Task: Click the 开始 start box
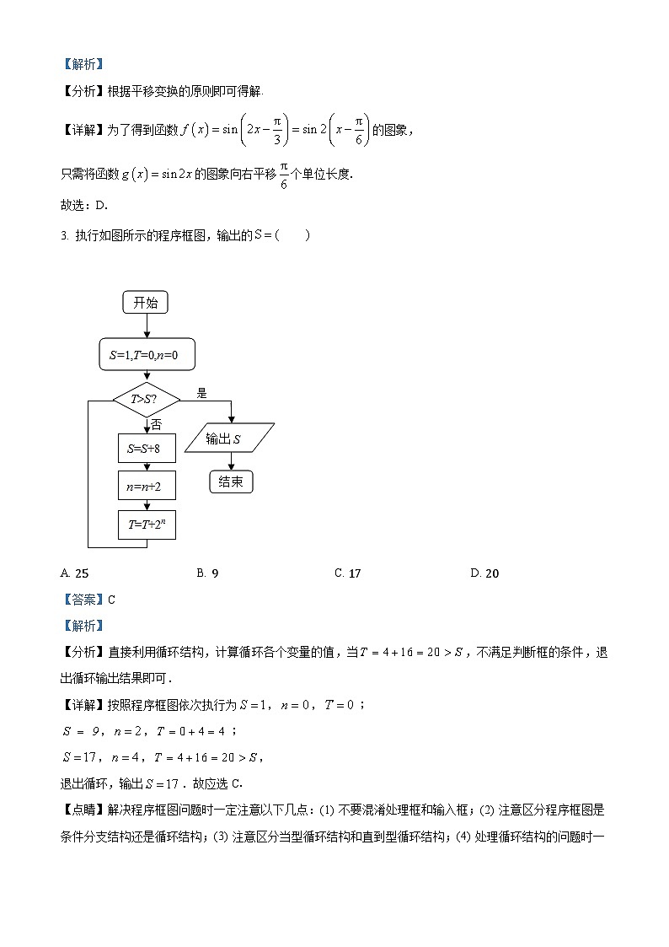click(x=146, y=303)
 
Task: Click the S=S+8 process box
click(x=147, y=449)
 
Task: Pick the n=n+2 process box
click(x=147, y=487)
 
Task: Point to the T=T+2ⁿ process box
click(x=147, y=525)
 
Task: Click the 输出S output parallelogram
click(x=230, y=439)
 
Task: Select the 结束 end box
click(x=230, y=482)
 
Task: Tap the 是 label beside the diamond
click(x=201, y=393)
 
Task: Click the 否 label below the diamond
click(x=156, y=424)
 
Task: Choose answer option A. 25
click(x=75, y=573)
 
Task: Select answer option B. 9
click(x=208, y=573)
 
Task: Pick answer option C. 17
click(x=347, y=573)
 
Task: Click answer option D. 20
click(x=484, y=573)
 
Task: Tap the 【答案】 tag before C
click(x=82, y=600)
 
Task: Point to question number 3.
click(x=64, y=235)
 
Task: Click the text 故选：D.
click(x=85, y=205)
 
